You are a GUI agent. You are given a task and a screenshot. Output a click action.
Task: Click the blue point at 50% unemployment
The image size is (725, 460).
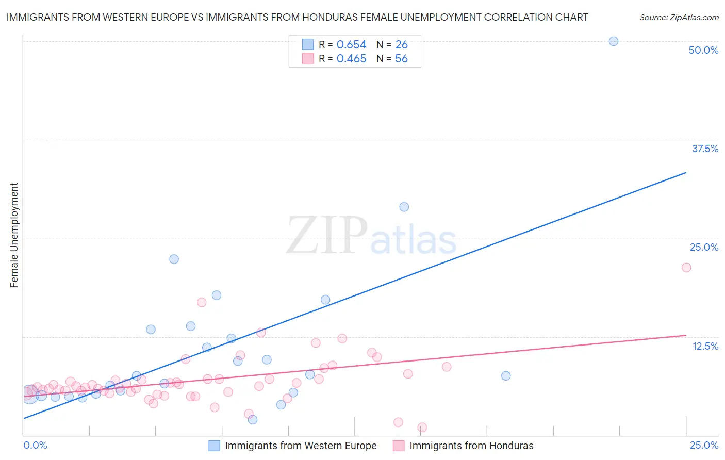tap(613, 41)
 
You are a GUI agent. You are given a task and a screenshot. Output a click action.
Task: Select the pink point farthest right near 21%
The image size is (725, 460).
tap(686, 267)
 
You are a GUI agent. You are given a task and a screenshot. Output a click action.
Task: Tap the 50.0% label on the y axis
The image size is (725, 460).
tap(703, 50)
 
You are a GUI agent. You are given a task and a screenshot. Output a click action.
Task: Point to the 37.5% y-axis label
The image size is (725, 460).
tap(705, 149)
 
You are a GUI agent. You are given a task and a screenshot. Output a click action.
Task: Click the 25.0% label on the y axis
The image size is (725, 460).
tap(704, 247)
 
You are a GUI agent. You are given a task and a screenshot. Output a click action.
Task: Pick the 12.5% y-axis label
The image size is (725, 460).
tap(705, 346)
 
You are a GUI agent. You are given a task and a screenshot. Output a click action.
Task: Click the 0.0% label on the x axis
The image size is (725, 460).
tap(35, 445)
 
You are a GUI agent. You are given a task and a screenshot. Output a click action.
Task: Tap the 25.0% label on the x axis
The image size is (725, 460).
tap(704, 445)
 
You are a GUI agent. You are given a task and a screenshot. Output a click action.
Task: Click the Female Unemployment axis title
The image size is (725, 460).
tap(14, 235)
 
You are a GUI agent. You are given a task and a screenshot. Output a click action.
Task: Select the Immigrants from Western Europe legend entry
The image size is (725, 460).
tap(301, 446)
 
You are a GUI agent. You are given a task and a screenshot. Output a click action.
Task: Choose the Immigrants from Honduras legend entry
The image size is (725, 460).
tap(471, 446)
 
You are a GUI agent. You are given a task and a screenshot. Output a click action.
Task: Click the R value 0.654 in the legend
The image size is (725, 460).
tap(351, 45)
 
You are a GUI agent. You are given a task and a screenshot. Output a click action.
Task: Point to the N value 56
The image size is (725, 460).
tap(401, 59)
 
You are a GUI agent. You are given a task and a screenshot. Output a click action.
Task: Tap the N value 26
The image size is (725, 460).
tap(401, 45)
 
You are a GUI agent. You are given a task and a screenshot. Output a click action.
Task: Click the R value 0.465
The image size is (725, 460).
tap(351, 59)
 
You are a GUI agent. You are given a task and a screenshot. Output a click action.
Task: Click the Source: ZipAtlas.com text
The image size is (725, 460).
tap(679, 18)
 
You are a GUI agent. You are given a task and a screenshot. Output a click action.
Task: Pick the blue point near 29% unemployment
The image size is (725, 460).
tap(404, 207)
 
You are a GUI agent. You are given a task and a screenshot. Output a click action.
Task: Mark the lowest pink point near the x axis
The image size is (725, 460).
tap(422, 428)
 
